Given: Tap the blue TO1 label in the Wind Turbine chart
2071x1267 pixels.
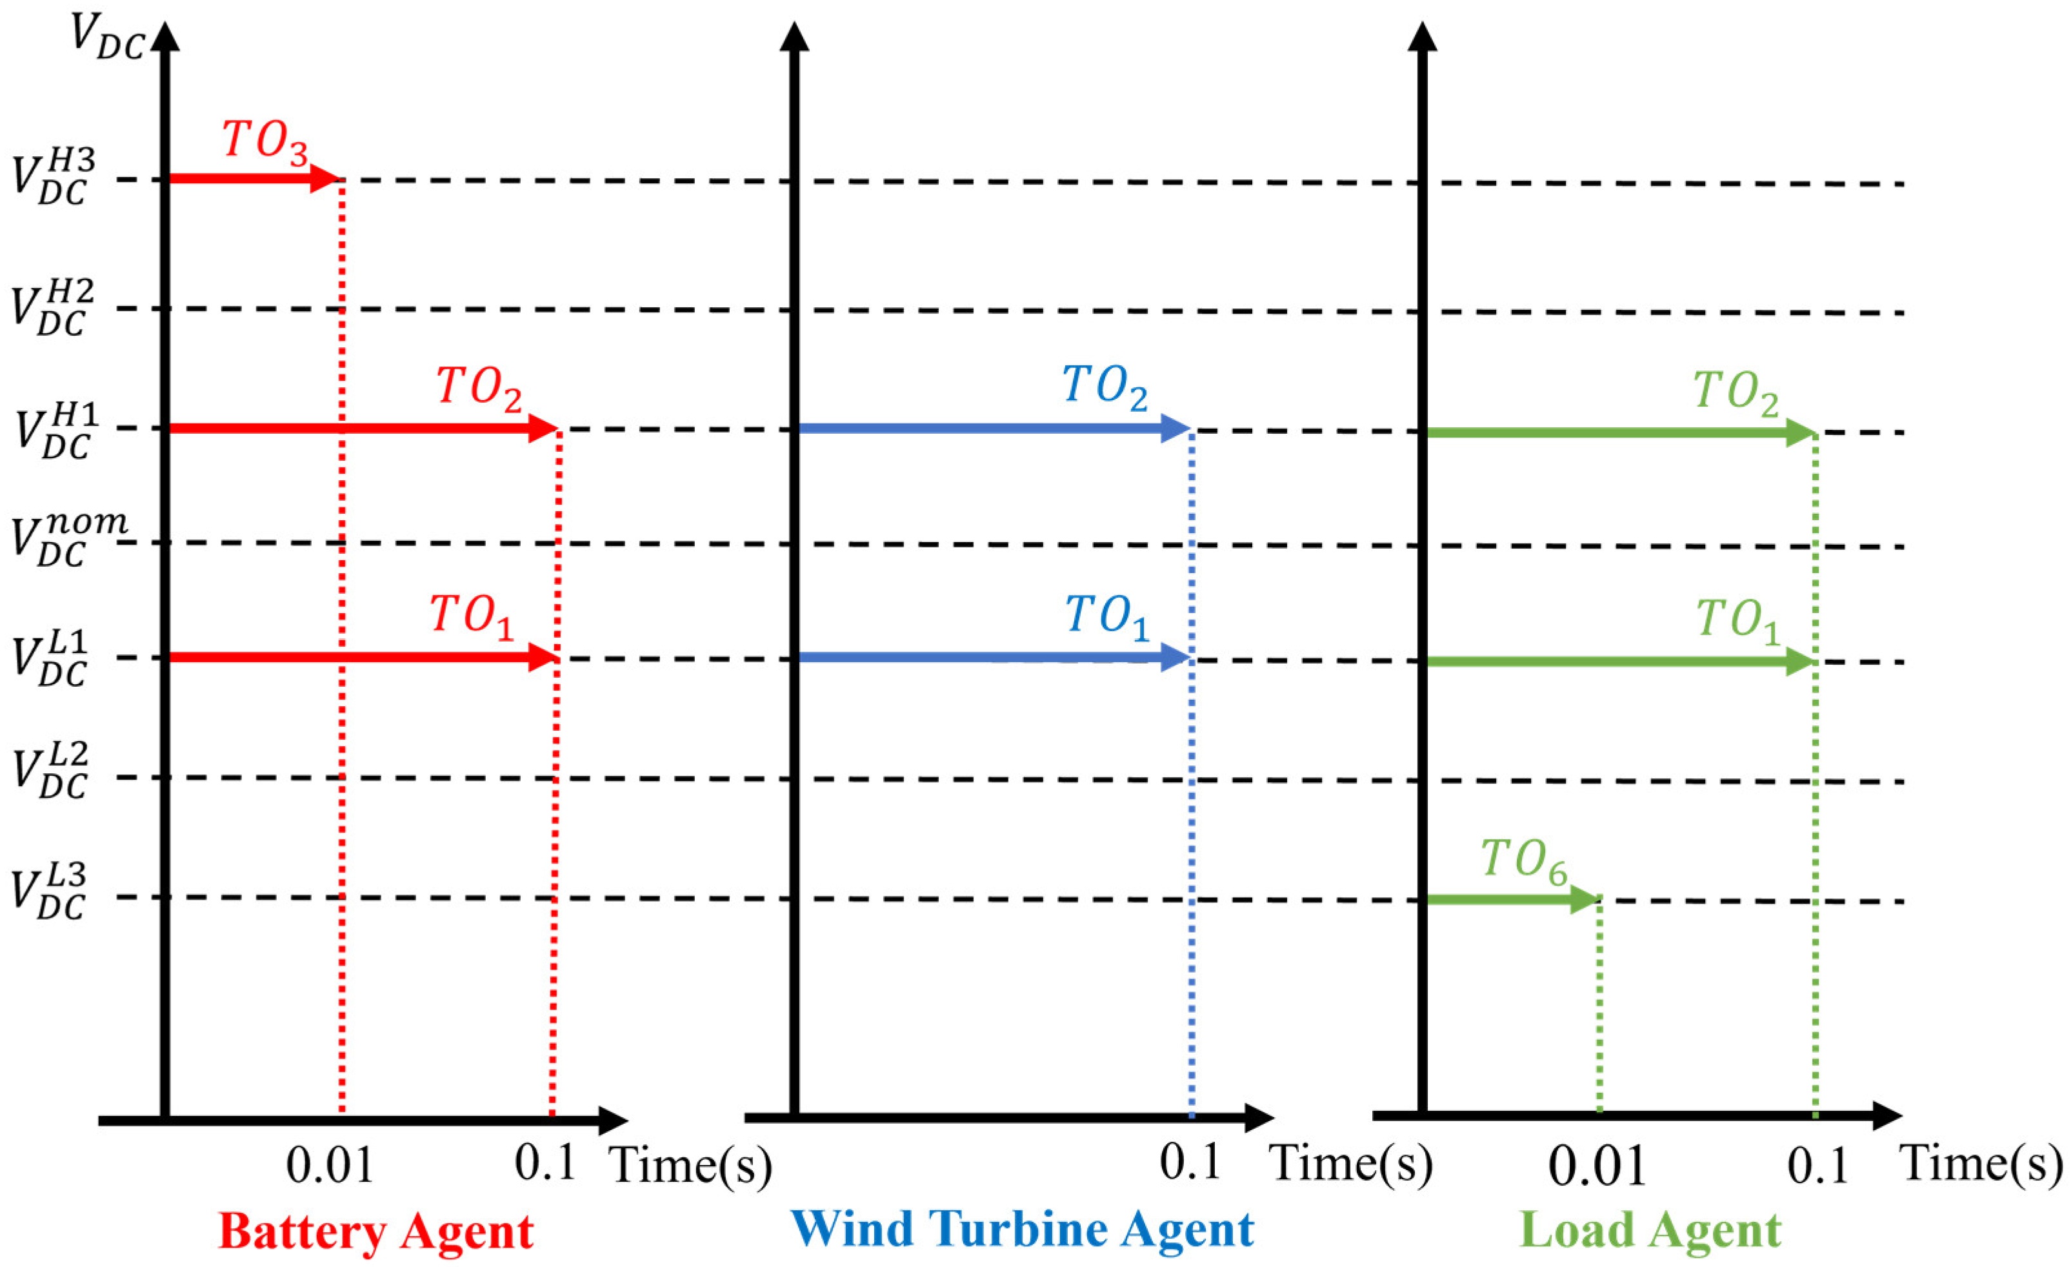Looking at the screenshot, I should (x=1106, y=618).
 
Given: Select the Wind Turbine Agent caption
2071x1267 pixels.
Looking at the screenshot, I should (x=1021, y=1229).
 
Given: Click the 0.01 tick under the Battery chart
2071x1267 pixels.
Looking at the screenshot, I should (x=330, y=1167).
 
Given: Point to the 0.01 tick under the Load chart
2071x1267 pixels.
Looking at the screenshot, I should (x=1596, y=1167).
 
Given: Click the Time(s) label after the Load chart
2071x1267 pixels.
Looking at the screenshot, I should (x=1982, y=1165).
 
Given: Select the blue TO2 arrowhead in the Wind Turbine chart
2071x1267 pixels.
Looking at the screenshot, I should (x=1174, y=429).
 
